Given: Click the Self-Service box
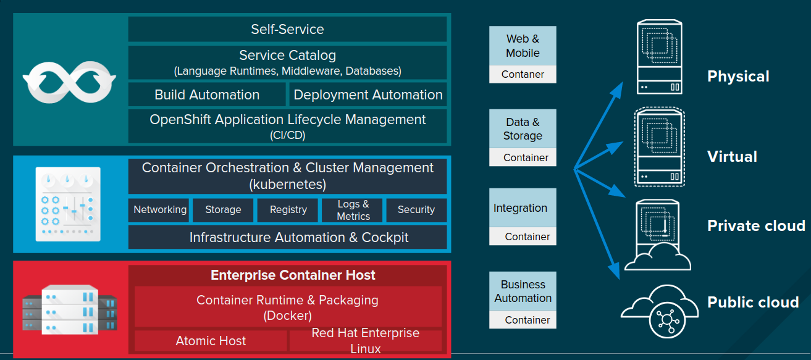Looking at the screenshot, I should (x=287, y=29).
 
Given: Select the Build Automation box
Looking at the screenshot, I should (x=207, y=95).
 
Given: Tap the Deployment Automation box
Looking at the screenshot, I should (x=368, y=95).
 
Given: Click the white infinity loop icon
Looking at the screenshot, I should (x=69, y=80).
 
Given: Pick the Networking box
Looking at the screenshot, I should (x=160, y=210).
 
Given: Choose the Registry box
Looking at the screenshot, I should (x=288, y=210).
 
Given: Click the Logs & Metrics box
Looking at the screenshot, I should (x=353, y=210).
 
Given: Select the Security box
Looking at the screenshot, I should (x=416, y=210).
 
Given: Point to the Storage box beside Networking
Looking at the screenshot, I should (x=223, y=210).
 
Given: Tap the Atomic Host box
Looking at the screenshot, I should (x=211, y=341).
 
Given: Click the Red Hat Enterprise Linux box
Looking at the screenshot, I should (x=365, y=341).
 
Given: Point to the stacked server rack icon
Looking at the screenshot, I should (x=70, y=309).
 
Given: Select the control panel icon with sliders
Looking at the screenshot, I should (x=68, y=204).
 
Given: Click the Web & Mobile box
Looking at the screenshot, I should (x=523, y=46).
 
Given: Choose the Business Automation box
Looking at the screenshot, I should (x=523, y=291).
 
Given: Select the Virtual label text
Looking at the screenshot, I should (x=732, y=156).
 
